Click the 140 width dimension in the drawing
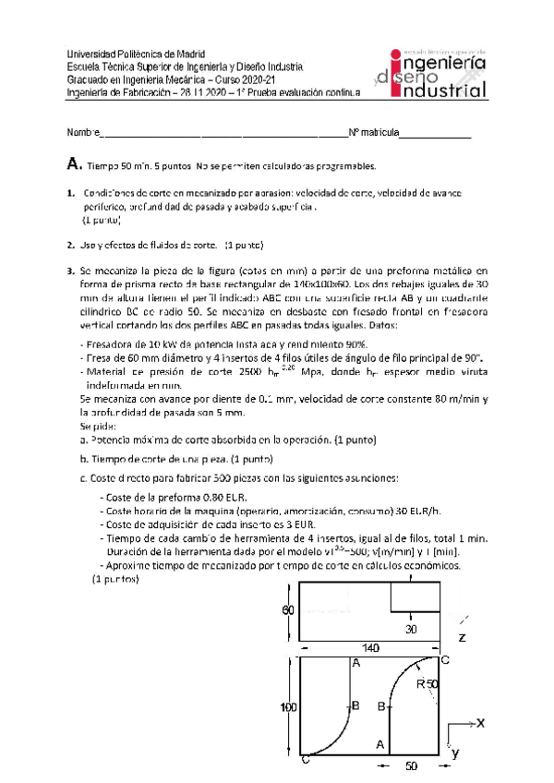point(370,649)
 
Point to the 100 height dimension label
point(288,706)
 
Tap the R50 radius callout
point(427,683)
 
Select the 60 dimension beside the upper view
point(288,610)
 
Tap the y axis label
point(454,753)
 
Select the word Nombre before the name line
point(82,133)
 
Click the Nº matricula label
point(373,133)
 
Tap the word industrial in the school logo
point(443,91)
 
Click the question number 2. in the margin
point(71,246)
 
